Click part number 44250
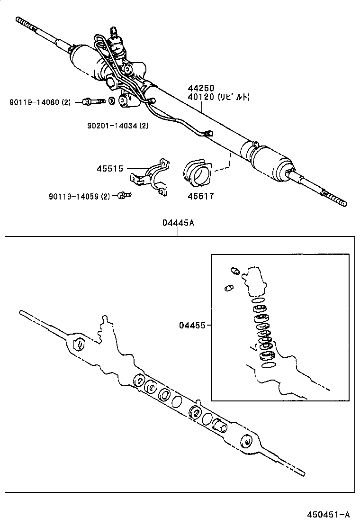[x=201, y=88]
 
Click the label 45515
[x=110, y=168]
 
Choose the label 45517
[x=200, y=195]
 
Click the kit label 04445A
[x=178, y=223]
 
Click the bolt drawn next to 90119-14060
[x=93, y=101]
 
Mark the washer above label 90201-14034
[x=111, y=100]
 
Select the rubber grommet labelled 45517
[x=198, y=173]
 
